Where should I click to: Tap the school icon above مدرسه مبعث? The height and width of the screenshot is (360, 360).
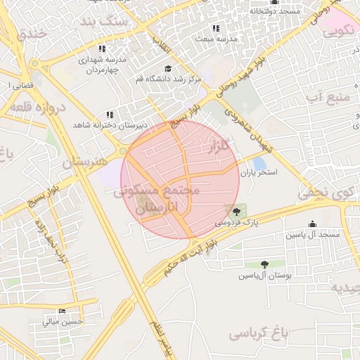pyautogui.click(x=215, y=28)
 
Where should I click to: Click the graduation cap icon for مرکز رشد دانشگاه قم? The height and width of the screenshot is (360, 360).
pyautogui.click(x=168, y=68)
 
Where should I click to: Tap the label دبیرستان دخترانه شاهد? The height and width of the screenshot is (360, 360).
pyautogui.click(x=110, y=124)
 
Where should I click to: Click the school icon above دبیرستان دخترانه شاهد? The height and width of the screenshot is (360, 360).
pyautogui.click(x=109, y=114)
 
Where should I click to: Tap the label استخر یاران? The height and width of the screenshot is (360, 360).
pyautogui.click(x=259, y=172)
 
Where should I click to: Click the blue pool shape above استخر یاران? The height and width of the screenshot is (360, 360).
pyautogui.click(x=259, y=162)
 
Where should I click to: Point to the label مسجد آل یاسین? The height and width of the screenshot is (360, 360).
pyautogui.click(x=312, y=234)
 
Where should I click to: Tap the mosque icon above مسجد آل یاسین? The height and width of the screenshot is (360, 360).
pyautogui.click(x=312, y=224)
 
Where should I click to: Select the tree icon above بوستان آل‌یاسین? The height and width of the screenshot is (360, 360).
pyautogui.click(x=264, y=264)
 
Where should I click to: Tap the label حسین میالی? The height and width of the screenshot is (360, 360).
pyautogui.click(x=63, y=322)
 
